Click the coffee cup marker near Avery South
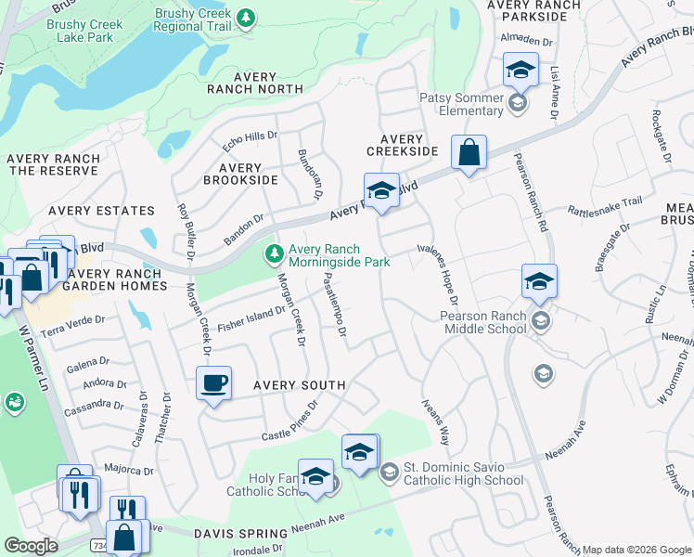point(213,383)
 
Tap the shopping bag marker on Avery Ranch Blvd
point(469,152)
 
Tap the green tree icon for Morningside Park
point(275,253)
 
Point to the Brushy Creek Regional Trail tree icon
point(246,18)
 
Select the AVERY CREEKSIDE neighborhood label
point(402,145)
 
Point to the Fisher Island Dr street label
point(248,321)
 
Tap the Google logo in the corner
point(31,545)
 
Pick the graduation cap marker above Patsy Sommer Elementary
point(520,71)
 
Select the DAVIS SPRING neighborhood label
point(241,533)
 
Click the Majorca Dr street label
point(128,470)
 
